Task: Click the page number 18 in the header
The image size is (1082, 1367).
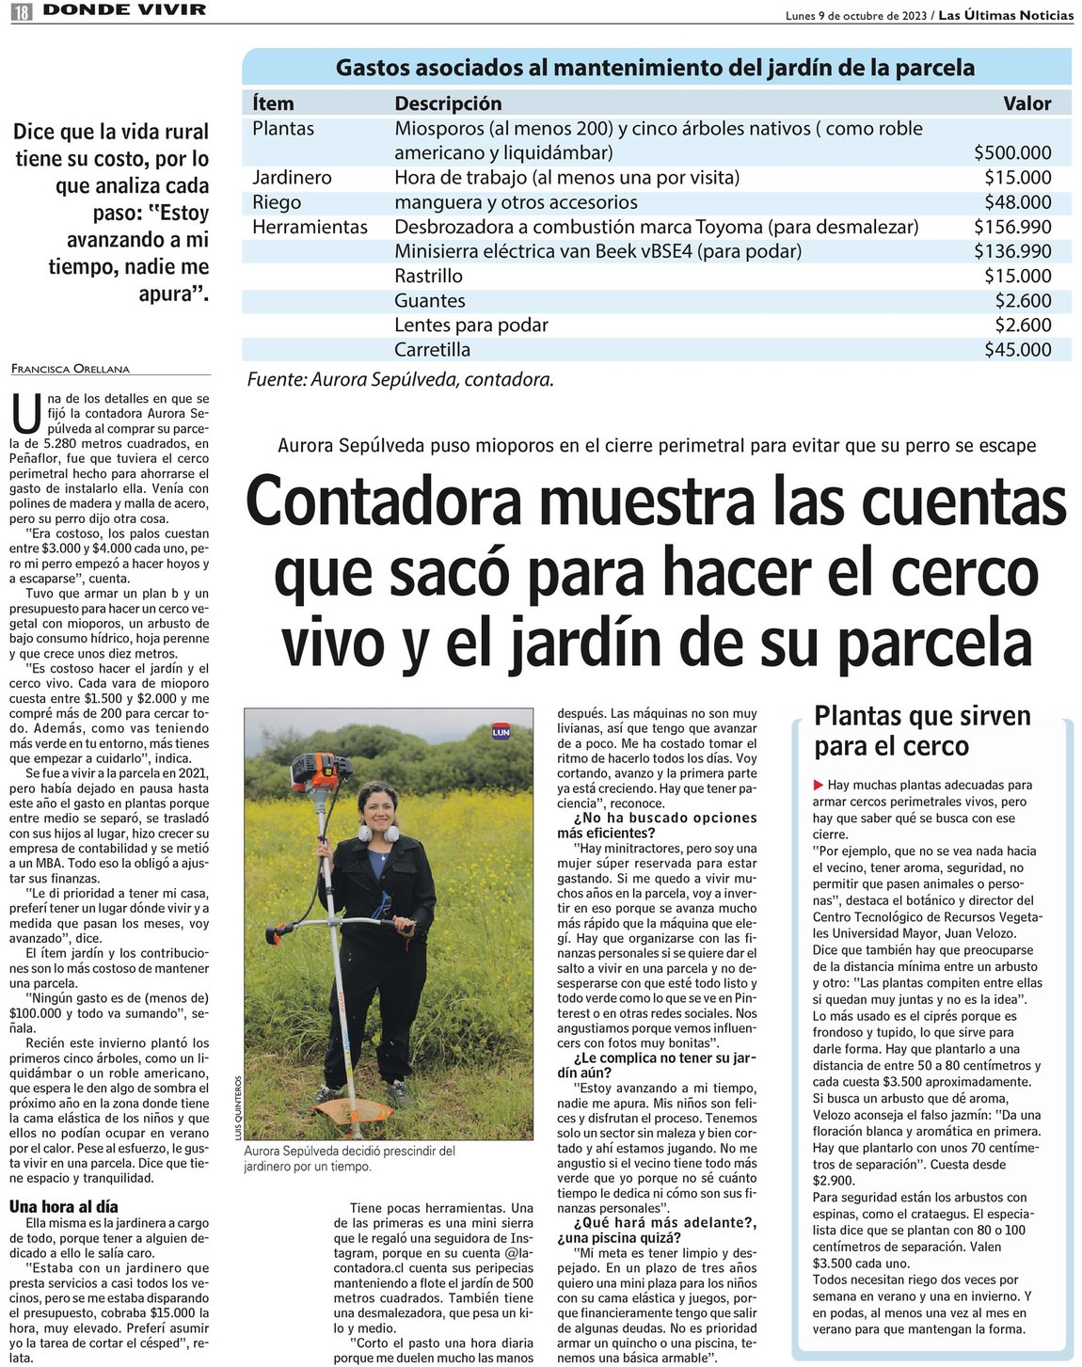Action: click(21, 11)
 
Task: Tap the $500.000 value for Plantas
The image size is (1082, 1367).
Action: click(1012, 152)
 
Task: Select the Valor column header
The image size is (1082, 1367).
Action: click(1026, 103)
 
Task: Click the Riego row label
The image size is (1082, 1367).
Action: click(277, 202)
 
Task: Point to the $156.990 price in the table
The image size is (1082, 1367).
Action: click(1012, 227)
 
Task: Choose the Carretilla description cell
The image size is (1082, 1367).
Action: click(432, 350)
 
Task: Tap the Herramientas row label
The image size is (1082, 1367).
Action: click(310, 227)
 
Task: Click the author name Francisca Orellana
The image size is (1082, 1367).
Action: click(71, 369)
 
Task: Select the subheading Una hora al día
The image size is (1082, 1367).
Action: click(64, 1206)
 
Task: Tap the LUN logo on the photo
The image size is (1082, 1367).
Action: click(501, 731)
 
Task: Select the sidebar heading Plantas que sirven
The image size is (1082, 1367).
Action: click(922, 716)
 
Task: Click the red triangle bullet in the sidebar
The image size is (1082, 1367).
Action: click(819, 785)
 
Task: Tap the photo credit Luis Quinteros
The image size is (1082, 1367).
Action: click(237, 1107)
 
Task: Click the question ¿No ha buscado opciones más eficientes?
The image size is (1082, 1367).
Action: click(657, 825)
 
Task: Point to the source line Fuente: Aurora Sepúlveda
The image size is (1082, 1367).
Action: click(400, 380)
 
